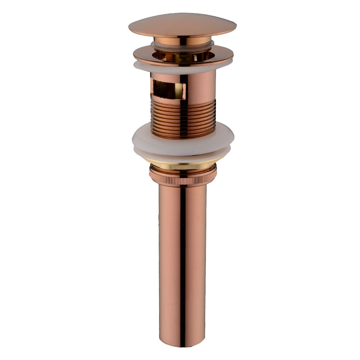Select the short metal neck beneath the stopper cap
click(x=182, y=41)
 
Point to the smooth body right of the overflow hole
click(x=202, y=86)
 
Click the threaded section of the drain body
click(x=166, y=119)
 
